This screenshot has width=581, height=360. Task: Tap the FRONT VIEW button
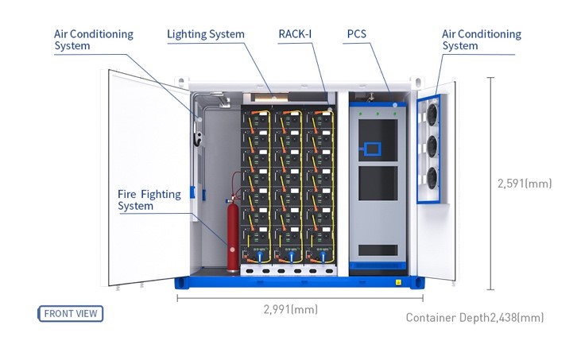point(71,313)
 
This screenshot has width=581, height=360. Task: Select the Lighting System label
point(205,34)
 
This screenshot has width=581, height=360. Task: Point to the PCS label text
point(356,34)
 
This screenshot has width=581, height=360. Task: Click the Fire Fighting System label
point(149,200)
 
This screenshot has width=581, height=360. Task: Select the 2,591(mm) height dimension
point(524,184)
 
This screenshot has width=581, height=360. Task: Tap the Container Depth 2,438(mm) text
point(474,318)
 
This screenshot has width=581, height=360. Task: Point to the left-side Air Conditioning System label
point(93,40)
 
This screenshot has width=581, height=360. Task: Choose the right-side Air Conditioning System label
point(481,40)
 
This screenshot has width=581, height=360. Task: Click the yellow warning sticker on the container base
point(398,282)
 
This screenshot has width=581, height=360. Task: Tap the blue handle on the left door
point(192,193)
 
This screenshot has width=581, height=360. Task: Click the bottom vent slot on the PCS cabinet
point(378,250)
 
